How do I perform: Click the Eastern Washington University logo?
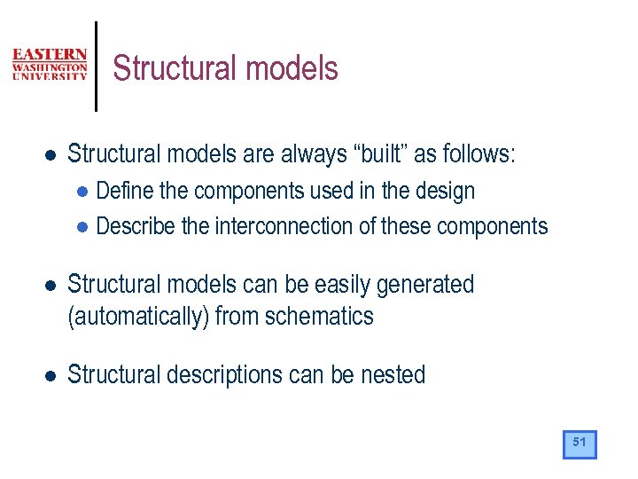pyautogui.click(x=50, y=65)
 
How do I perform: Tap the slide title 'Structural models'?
pyautogui.click(x=225, y=68)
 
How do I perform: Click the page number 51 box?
pyautogui.click(x=580, y=444)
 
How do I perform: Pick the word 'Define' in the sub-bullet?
pyautogui.click(x=123, y=191)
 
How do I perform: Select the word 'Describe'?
pyautogui.click(x=135, y=226)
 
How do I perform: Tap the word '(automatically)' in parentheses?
pyautogui.click(x=138, y=317)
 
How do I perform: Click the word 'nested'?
pyautogui.click(x=393, y=375)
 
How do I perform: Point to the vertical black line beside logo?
pyautogui.click(x=96, y=67)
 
